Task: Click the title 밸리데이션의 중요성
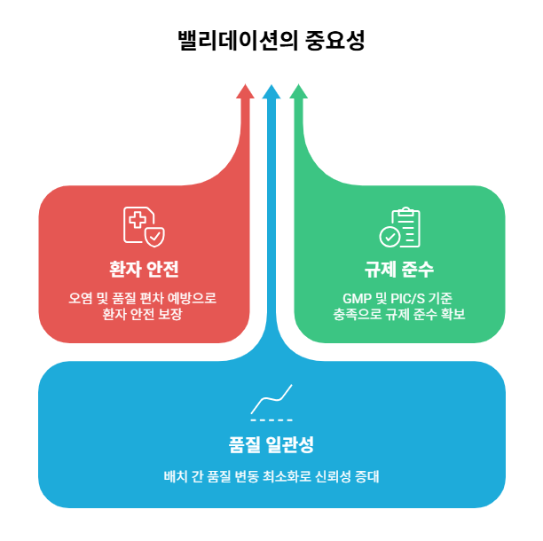coord(271,41)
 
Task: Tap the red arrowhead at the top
coord(244,91)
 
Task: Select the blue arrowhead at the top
coord(271,91)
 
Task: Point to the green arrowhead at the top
coord(299,91)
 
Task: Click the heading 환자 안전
coord(143,269)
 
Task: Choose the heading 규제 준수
coord(399,269)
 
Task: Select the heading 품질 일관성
coord(271,443)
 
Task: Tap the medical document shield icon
coord(143,226)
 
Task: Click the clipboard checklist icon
coord(399,227)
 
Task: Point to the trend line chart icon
coord(271,402)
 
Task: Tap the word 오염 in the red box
coord(81,298)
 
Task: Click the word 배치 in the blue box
coord(175,475)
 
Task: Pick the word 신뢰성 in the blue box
coord(326,475)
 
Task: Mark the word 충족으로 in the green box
coord(352,315)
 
